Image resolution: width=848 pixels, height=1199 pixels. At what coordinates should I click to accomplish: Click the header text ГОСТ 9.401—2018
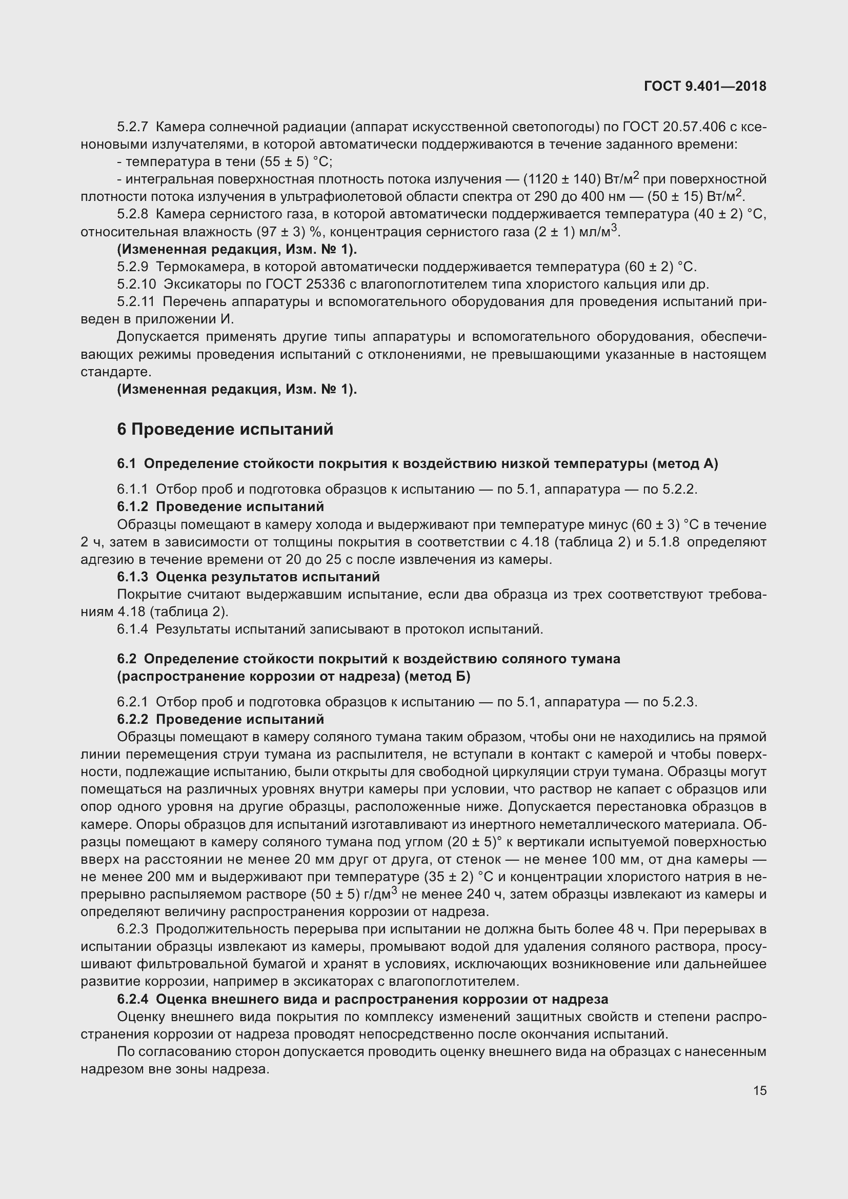[x=705, y=86]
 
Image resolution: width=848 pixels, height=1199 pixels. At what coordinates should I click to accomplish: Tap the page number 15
[x=760, y=1090]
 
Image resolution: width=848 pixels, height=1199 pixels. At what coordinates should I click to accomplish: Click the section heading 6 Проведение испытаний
[x=225, y=429]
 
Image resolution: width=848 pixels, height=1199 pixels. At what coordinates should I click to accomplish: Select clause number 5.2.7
[x=133, y=127]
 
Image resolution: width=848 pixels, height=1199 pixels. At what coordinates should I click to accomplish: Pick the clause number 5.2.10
[x=136, y=284]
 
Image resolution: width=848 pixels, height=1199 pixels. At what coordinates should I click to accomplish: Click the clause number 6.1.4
[x=133, y=629]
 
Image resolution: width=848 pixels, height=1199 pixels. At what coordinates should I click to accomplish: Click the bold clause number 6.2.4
[x=133, y=1000]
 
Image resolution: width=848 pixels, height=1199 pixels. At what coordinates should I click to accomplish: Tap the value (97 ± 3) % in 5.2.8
[x=288, y=232]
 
